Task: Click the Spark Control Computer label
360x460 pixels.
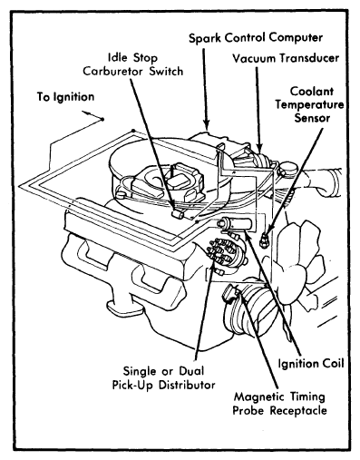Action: tap(256, 38)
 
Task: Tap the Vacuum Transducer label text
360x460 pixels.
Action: tap(286, 58)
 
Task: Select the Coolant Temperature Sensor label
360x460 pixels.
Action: tap(309, 104)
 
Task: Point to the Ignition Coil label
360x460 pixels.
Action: tap(311, 363)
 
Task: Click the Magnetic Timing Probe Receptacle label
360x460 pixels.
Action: tap(279, 404)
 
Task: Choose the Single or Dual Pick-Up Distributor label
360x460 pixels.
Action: tap(163, 377)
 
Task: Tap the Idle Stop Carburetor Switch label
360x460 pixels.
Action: tap(133, 64)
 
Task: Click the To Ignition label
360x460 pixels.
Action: tap(66, 97)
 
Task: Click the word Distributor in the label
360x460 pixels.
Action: tap(187, 385)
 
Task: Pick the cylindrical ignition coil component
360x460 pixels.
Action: tap(235, 224)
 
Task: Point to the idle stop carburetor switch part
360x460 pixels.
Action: tap(177, 214)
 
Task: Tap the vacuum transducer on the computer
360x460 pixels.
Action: tap(260, 160)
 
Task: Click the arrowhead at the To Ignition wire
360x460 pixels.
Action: tap(86, 113)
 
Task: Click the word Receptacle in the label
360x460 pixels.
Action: tap(298, 411)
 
